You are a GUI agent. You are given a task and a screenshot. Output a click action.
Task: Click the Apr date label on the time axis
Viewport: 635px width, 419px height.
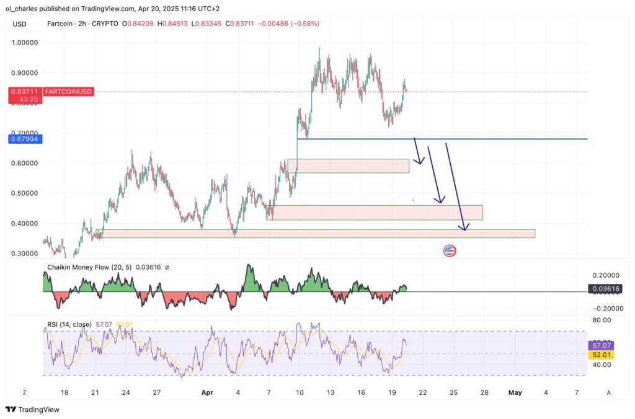click(x=206, y=392)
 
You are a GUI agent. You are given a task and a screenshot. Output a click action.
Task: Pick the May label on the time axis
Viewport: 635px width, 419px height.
click(x=515, y=392)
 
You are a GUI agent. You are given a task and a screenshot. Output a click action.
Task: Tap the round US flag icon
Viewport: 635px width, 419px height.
click(x=450, y=251)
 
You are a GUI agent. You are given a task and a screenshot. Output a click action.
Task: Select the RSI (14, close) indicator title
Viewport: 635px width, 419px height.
click(x=69, y=324)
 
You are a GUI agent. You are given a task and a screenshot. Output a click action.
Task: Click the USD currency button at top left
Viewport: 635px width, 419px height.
click(x=20, y=24)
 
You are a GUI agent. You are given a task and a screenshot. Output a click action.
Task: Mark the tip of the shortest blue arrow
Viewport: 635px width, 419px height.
click(x=421, y=164)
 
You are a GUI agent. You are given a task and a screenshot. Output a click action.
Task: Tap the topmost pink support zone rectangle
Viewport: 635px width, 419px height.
click(x=348, y=165)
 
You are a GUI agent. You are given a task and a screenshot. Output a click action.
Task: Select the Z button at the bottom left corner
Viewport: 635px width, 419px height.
click(x=24, y=392)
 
